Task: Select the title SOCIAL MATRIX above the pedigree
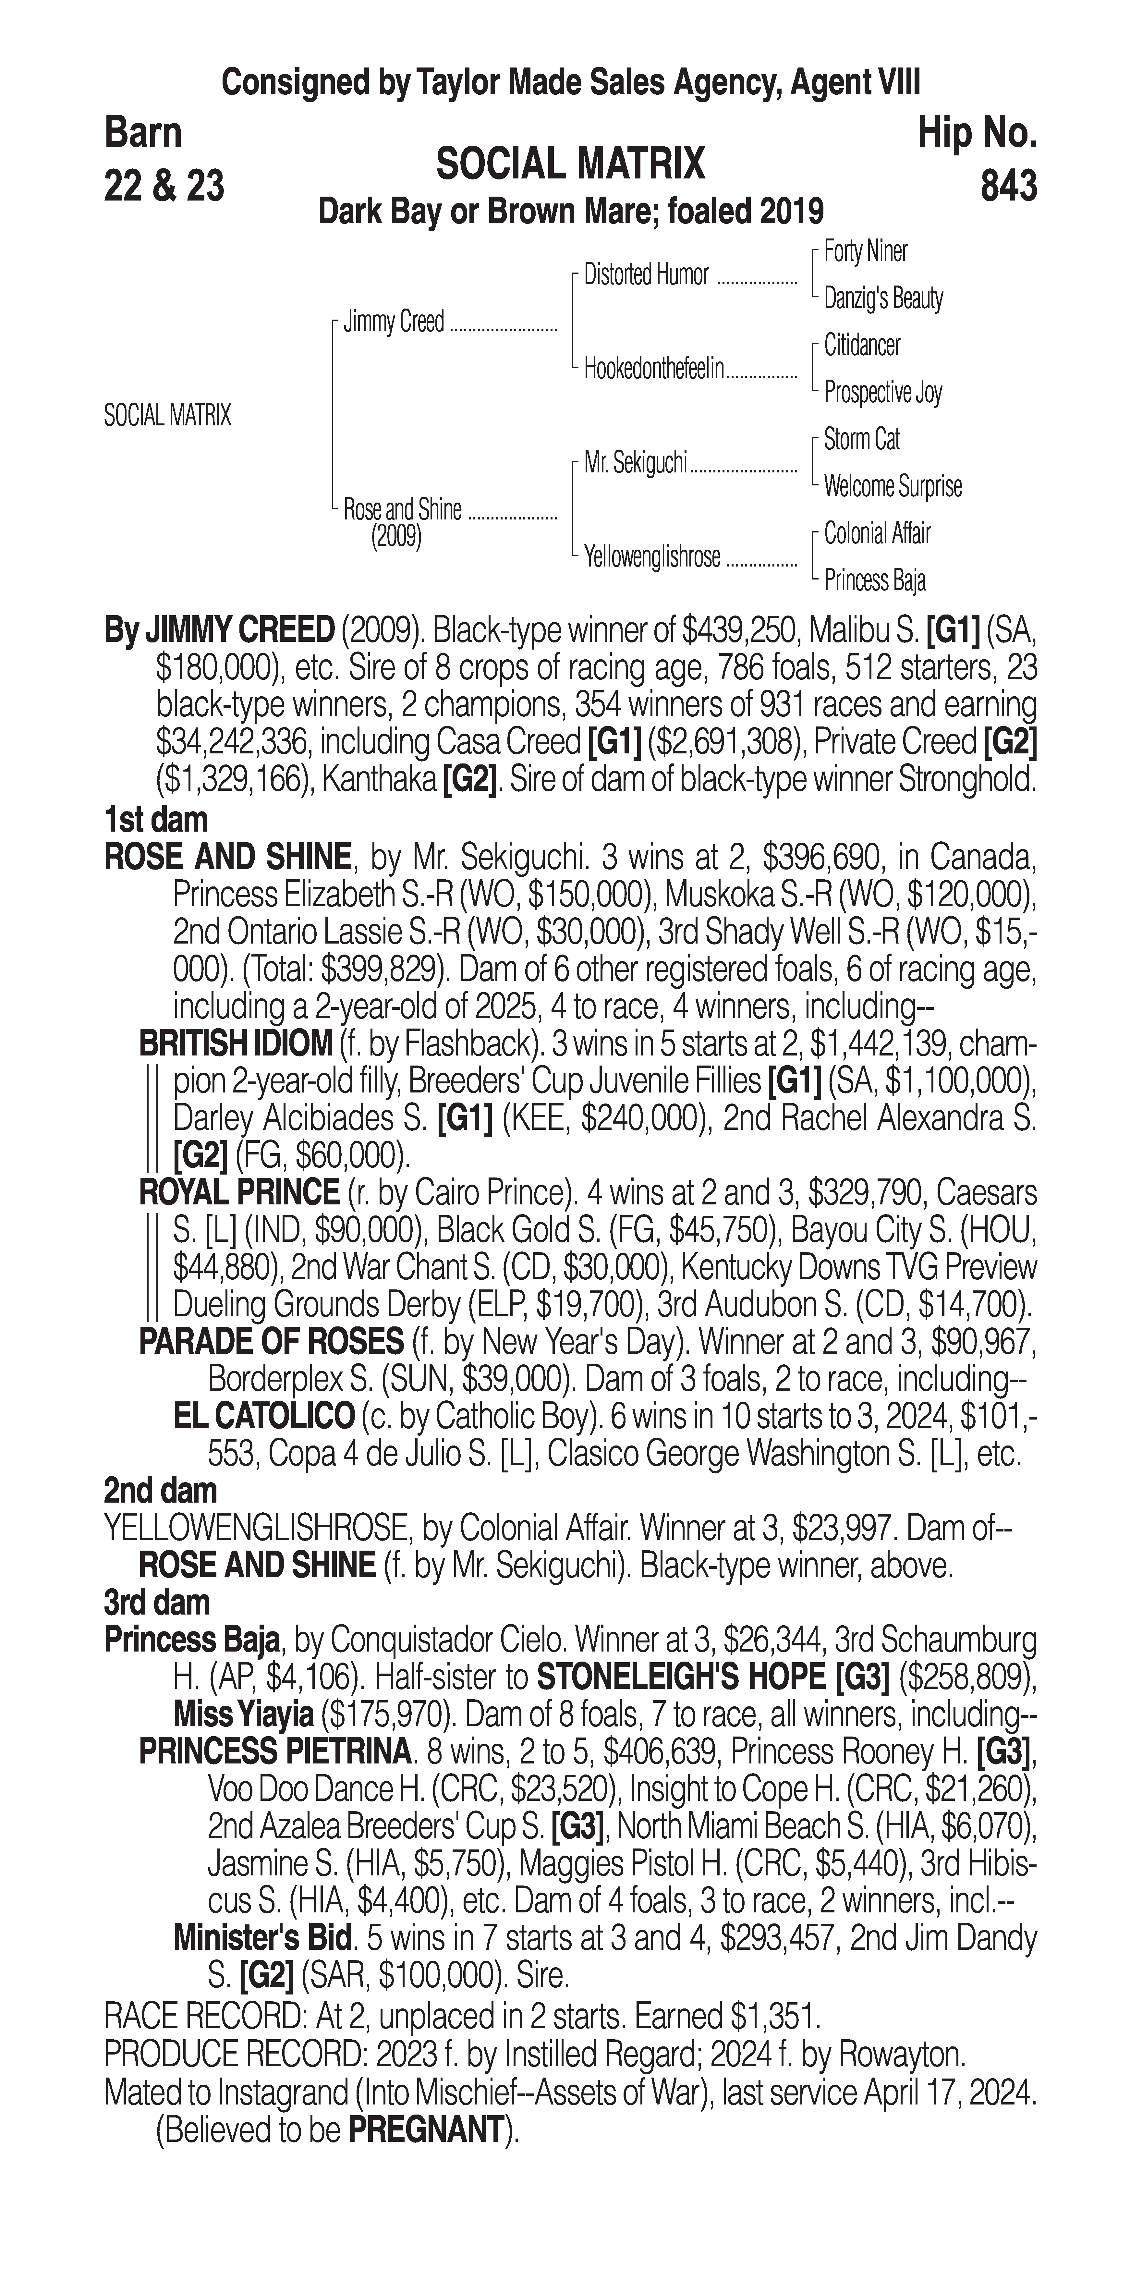pos(571,165)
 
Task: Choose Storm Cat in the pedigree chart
pos(861,439)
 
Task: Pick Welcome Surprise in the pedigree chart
pos(893,486)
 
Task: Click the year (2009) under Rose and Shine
pos(396,537)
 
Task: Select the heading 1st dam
pos(156,819)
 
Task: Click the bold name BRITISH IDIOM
pos(236,1044)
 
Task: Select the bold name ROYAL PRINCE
pos(239,1193)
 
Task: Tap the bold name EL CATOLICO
pos(264,1416)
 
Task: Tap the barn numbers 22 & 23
pos(164,186)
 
